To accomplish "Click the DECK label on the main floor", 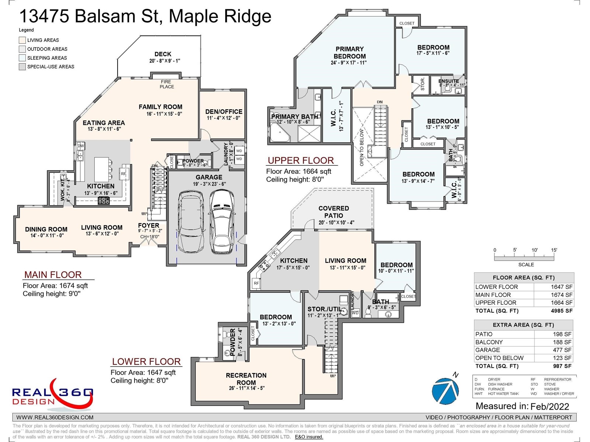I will coord(163,54).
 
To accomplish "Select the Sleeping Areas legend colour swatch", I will coord(22,58).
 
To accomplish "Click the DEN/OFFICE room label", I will coord(224,112).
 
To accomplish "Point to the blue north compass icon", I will coord(445,390).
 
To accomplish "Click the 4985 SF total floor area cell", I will coord(562,311).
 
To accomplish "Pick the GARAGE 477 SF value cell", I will coord(562,350).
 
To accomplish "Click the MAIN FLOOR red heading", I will coord(53,275).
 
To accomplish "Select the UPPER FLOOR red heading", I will coord(301,161).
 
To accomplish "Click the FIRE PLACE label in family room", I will coord(166,84).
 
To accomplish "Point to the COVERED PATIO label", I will coord(333,212).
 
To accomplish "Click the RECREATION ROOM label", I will coord(246,379).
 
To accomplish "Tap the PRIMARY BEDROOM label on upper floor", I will coord(349,53).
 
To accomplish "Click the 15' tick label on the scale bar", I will coord(554,250).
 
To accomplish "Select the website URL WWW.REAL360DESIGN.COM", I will coord(55,417).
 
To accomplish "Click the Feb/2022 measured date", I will coord(549,406).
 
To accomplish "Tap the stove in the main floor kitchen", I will coord(103,201).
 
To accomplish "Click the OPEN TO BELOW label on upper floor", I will coord(361,147).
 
